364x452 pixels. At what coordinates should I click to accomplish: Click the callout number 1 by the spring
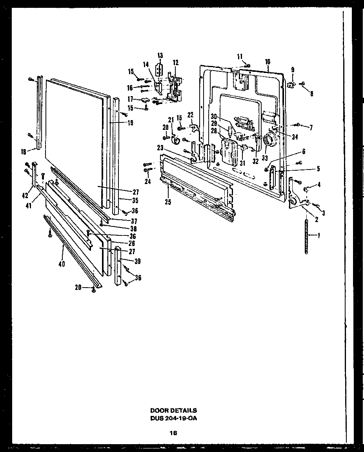[319, 235]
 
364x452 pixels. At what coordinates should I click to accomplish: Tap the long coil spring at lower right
[307, 237]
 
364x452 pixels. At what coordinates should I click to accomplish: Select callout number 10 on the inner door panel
[268, 62]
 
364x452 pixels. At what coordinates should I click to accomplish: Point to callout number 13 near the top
[160, 55]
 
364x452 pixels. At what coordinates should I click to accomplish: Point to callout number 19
[130, 122]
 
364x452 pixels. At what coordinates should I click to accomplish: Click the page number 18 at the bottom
[173, 433]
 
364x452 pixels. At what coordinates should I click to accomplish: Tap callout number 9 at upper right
[292, 70]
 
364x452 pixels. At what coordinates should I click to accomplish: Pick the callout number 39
[137, 261]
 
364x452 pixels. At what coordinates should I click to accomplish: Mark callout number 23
[160, 148]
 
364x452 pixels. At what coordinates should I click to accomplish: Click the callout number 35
[135, 200]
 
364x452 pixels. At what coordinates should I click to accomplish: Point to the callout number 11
[240, 56]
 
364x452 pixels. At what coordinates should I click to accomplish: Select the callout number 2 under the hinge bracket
[316, 220]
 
